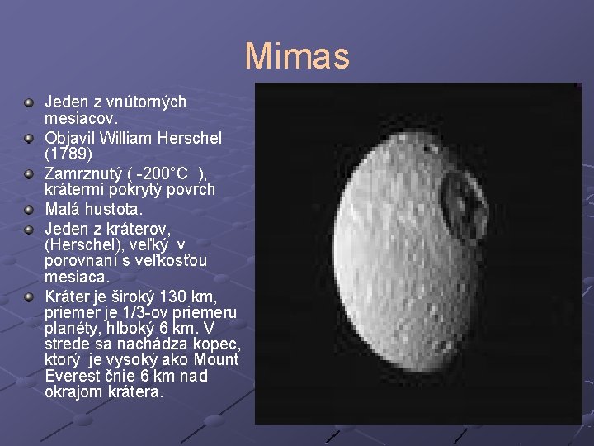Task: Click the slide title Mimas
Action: coord(297,56)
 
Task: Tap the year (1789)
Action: coord(68,154)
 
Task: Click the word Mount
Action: coord(216,360)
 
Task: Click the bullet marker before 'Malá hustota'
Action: coord(29,210)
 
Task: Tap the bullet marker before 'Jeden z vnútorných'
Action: coord(29,102)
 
